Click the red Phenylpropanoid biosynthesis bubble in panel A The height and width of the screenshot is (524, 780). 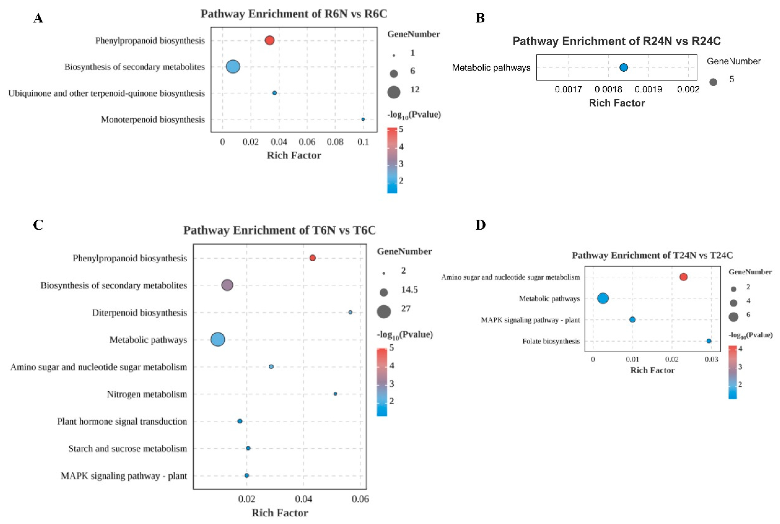(269, 40)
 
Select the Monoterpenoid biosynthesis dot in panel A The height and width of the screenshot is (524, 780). (363, 119)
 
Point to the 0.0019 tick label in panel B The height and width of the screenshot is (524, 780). (648, 89)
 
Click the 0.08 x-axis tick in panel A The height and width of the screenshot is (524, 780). (335, 142)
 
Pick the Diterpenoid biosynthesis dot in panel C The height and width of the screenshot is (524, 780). (350, 312)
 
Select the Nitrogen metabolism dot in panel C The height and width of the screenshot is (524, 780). (335, 394)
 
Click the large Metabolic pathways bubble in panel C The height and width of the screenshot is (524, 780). (218, 340)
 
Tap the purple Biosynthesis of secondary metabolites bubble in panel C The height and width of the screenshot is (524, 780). (227, 285)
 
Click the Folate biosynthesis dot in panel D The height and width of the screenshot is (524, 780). (709, 341)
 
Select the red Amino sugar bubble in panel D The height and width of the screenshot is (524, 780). (683, 277)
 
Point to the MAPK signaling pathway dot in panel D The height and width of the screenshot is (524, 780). (632, 319)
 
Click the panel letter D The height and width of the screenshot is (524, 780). (480, 225)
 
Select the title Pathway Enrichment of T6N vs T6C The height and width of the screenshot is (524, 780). (280, 230)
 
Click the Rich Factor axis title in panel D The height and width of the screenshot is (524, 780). (652, 370)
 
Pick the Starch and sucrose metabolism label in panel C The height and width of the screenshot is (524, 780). (128, 448)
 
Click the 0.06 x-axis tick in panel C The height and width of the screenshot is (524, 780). (360, 499)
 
